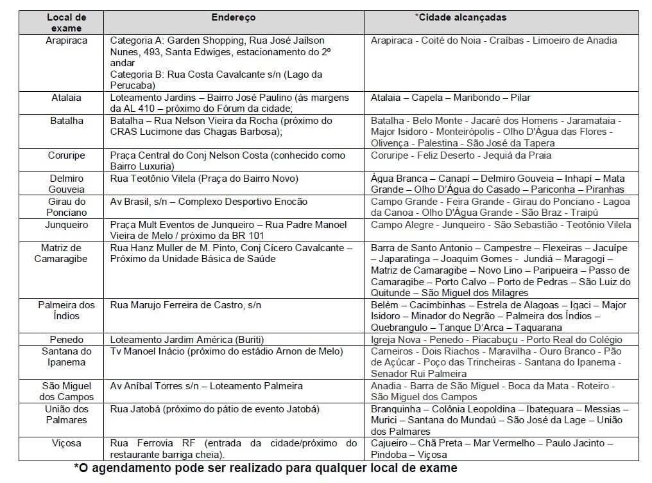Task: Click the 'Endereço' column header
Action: (x=234, y=17)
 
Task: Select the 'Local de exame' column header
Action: (x=66, y=22)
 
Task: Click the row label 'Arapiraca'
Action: (x=66, y=40)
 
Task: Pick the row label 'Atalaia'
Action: (x=66, y=98)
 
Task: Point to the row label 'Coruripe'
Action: (x=66, y=155)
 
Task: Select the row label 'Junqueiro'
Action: (x=66, y=225)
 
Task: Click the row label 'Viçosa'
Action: (x=66, y=443)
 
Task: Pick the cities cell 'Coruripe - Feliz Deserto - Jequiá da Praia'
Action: (x=461, y=155)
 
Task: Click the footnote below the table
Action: (x=266, y=468)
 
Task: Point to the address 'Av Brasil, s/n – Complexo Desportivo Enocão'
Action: (x=209, y=202)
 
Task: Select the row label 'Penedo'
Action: (x=66, y=340)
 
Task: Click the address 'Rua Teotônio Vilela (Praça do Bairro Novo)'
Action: (x=204, y=179)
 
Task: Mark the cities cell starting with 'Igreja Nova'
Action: (x=496, y=340)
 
